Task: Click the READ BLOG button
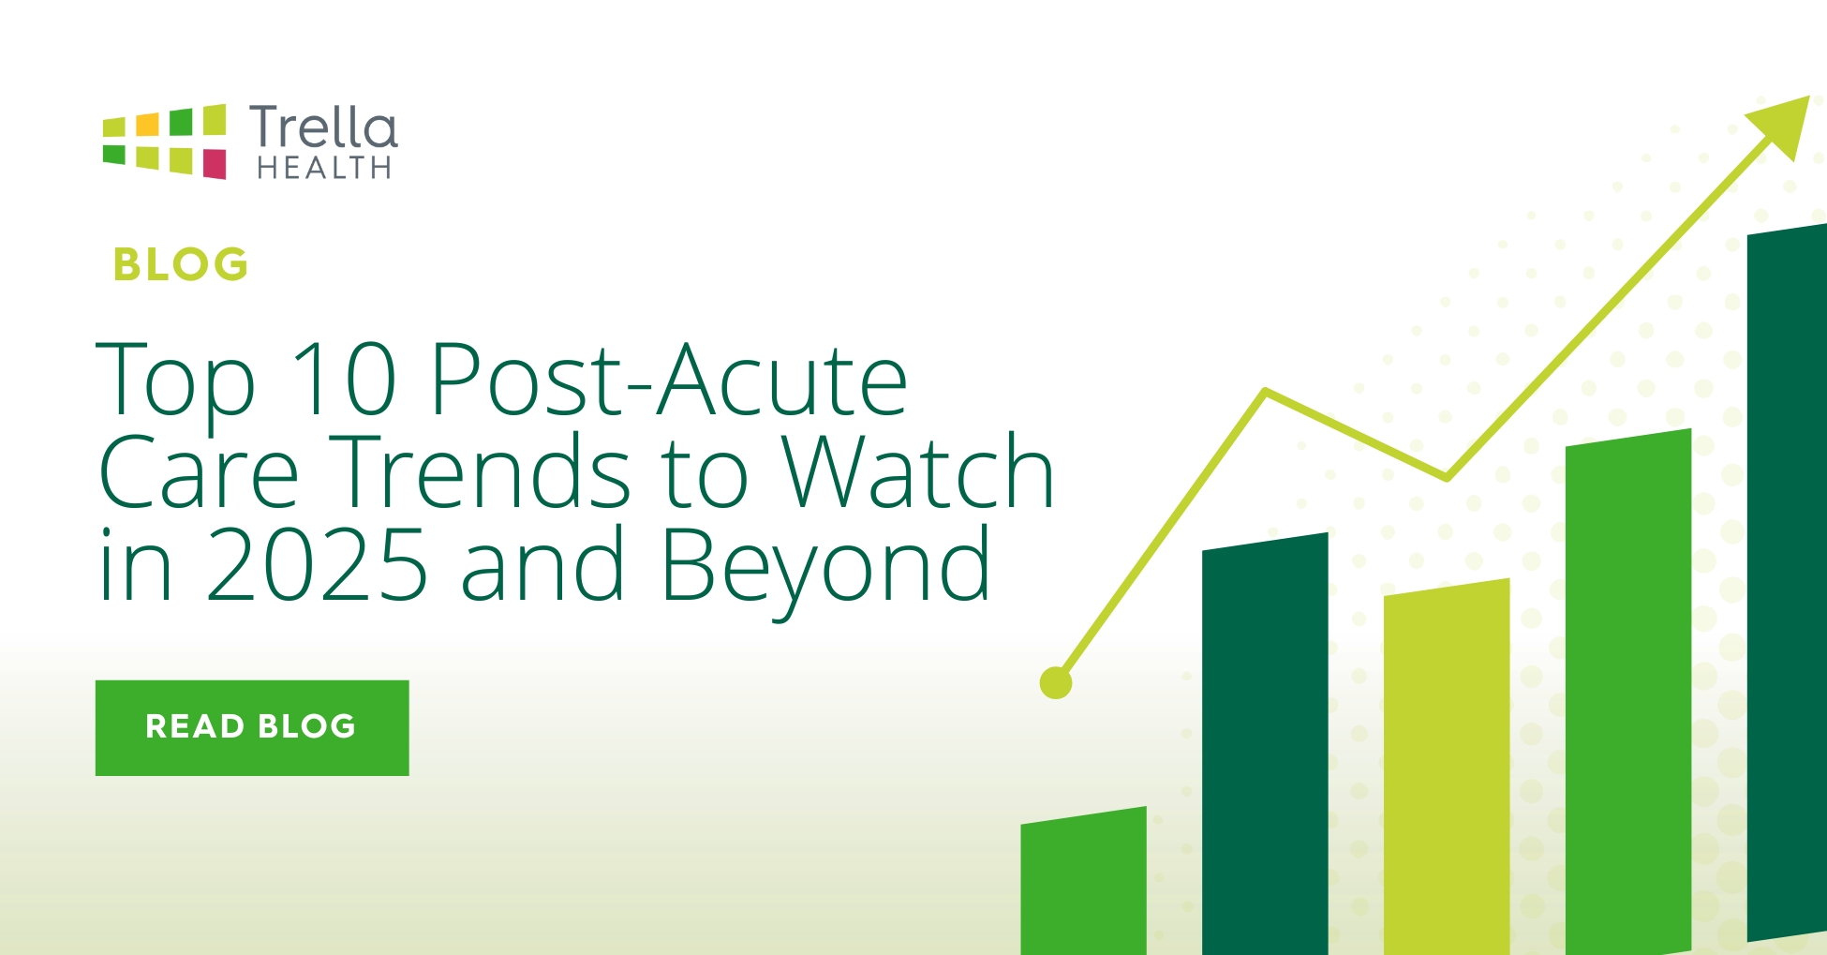point(252,727)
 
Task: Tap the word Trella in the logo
point(323,127)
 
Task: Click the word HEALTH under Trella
point(324,168)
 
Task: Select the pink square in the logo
point(215,163)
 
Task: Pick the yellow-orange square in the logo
point(147,124)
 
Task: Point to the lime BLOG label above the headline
point(181,265)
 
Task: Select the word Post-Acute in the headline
point(669,379)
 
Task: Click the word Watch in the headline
point(919,470)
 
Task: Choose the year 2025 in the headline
point(317,564)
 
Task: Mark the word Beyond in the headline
point(825,569)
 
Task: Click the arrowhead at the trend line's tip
point(1782,124)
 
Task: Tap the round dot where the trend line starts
point(1056,683)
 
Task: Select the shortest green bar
point(1084,881)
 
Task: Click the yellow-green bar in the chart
point(1447,767)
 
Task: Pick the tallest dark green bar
point(1787,583)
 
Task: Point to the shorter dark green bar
point(1265,744)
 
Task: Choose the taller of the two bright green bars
point(1628,692)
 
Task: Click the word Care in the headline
point(199,471)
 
